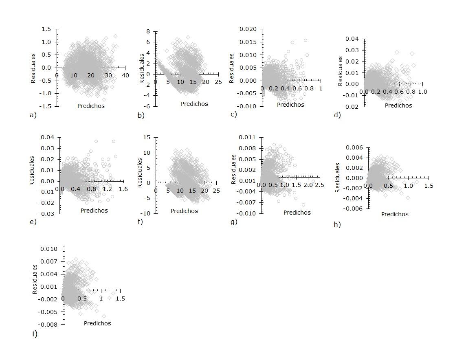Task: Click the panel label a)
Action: [33, 115]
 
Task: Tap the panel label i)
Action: [35, 334]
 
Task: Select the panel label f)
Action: [141, 222]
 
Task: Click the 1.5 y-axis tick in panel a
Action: [46, 29]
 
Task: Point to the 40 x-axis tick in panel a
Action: [125, 75]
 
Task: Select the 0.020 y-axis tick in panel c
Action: [248, 29]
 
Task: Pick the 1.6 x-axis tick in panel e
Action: [123, 189]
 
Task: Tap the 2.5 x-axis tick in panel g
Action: [320, 185]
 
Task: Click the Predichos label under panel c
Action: [290, 105]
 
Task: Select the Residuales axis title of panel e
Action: [32, 171]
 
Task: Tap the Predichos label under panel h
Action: [395, 214]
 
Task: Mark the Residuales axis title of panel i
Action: [35, 279]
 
